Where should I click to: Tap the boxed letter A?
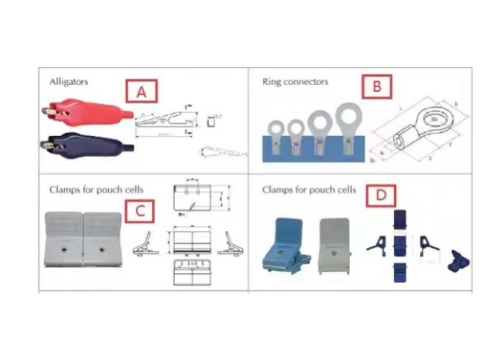coord(141,91)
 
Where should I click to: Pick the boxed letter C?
coord(140,211)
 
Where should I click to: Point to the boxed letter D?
coord(381,194)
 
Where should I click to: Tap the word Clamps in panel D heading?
coord(279,190)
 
